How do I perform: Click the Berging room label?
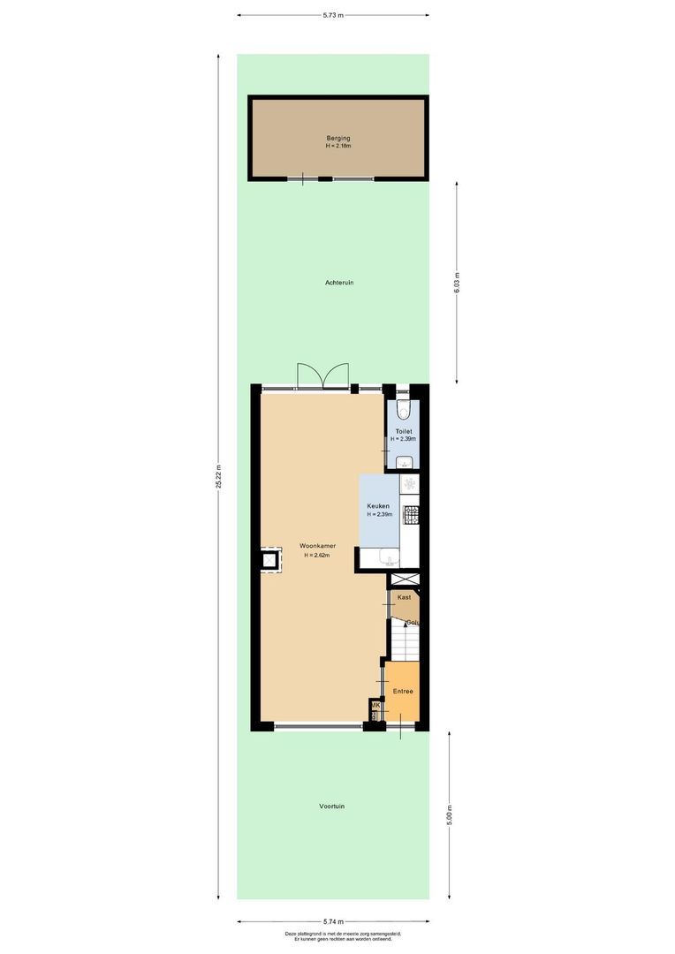coord(337,138)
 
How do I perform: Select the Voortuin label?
coord(332,806)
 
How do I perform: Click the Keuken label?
coord(379,507)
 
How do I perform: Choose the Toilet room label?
coord(403,431)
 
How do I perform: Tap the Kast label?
coord(405,597)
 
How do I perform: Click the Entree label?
coord(403,692)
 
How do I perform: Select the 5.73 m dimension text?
coord(333,15)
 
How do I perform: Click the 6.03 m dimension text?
coord(457,282)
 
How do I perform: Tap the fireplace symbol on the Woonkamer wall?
coord(269,559)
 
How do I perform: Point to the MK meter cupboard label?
coord(375,705)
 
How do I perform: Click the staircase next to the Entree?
coord(406,641)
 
